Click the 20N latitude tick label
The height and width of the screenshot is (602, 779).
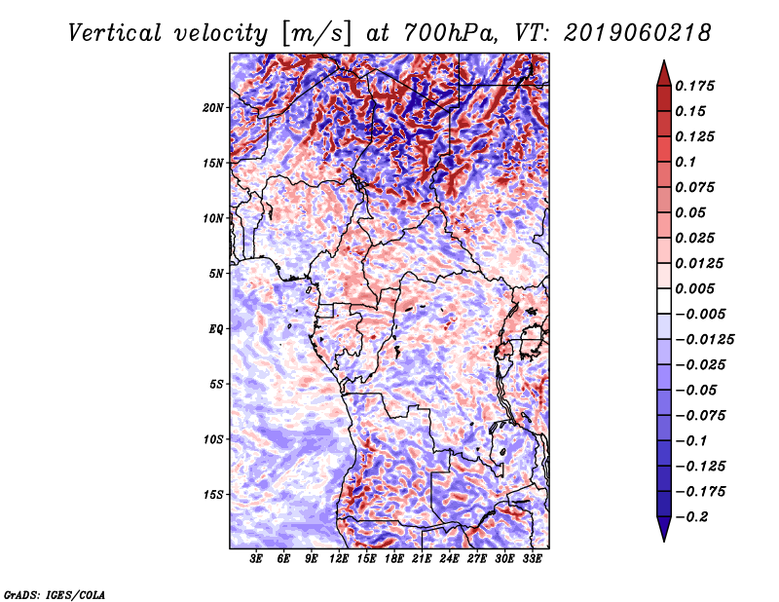213,108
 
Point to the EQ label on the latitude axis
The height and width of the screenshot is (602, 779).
215,329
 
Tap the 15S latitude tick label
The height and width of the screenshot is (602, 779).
213,495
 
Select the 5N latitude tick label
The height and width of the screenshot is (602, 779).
216,274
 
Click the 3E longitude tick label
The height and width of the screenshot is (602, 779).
256,559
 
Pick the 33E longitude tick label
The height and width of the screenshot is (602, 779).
532,559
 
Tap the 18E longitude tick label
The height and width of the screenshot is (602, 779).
394,559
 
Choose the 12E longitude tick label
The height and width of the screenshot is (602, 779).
339,559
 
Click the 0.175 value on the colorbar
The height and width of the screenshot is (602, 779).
694,86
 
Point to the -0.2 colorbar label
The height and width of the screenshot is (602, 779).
691,517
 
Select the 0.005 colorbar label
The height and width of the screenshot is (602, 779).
694,288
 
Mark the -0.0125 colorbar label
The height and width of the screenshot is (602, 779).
704,340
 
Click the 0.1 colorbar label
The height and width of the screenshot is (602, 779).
686,162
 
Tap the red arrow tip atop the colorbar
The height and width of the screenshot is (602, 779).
664,60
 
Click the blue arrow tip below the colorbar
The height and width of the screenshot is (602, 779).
664,541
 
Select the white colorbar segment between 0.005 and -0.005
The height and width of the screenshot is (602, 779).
664,301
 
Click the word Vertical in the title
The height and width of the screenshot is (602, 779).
115,33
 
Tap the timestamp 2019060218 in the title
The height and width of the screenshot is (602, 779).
638,33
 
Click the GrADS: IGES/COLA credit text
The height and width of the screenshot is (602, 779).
55,594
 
